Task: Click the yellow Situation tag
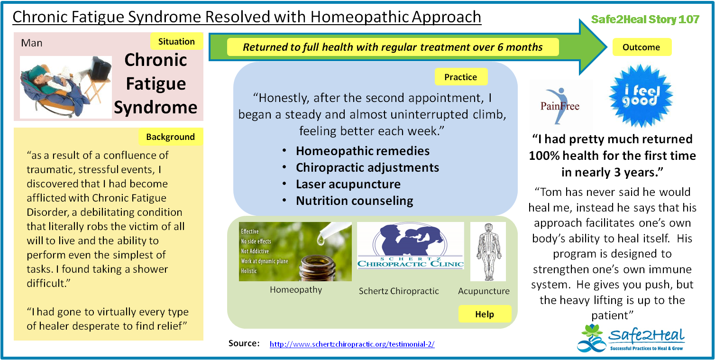click(176, 41)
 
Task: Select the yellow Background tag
click(171, 137)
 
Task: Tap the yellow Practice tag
click(461, 77)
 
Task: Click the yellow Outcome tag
click(642, 47)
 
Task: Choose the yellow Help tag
click(485, 314)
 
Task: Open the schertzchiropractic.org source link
click(352, 344)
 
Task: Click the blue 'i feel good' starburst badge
click(641, 96)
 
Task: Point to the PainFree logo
click(560, 106)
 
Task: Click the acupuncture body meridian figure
click(488, 252)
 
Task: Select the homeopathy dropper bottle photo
click(295, 252)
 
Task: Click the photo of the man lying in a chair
click(66, 87)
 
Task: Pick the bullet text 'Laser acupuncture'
click(348, 184)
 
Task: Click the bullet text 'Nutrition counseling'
click(355, 201)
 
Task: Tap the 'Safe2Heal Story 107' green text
click(645, 19)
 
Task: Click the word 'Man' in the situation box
click(32, 43)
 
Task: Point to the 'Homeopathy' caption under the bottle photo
click(296, 290)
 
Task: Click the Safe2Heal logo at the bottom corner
click(631, 338)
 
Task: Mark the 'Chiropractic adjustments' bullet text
click(367, 167)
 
